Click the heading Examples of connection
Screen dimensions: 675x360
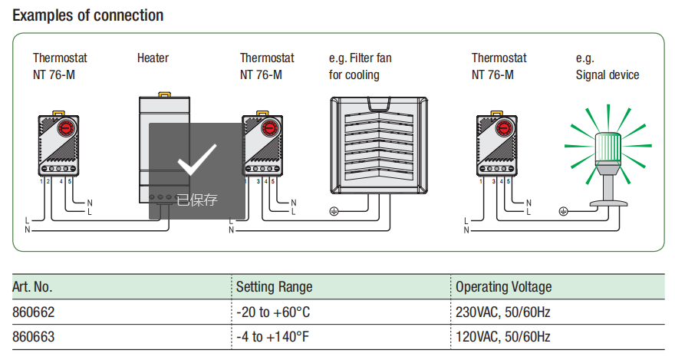[x=87, y=15]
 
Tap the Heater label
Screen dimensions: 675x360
[x=153, y=58]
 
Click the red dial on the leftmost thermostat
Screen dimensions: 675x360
[x=67, y=127]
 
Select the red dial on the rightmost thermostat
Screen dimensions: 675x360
[x=504, y=127]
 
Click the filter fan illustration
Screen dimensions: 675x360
[x=379, y=145]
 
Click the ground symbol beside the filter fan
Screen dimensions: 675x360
[x=334, y=211]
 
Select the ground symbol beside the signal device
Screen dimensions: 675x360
[x=563, y=211]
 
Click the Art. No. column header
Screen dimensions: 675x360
[x=32, y=287]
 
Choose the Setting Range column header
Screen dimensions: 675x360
[x=275, y=287]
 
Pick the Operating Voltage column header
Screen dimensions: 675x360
[x=504, y=287]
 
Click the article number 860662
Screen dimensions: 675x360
[x=34, y=312]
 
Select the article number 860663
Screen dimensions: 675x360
[x=34, y=336]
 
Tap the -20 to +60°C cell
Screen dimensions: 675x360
[x=273, y=312]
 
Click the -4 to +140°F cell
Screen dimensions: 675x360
[x=272, y=336]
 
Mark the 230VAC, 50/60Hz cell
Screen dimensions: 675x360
[x=503, y=312]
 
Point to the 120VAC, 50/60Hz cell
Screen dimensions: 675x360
[x=503, y=336]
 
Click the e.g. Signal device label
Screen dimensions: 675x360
[x=607, y=66]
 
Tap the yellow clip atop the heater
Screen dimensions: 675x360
[x=164, y=94]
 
